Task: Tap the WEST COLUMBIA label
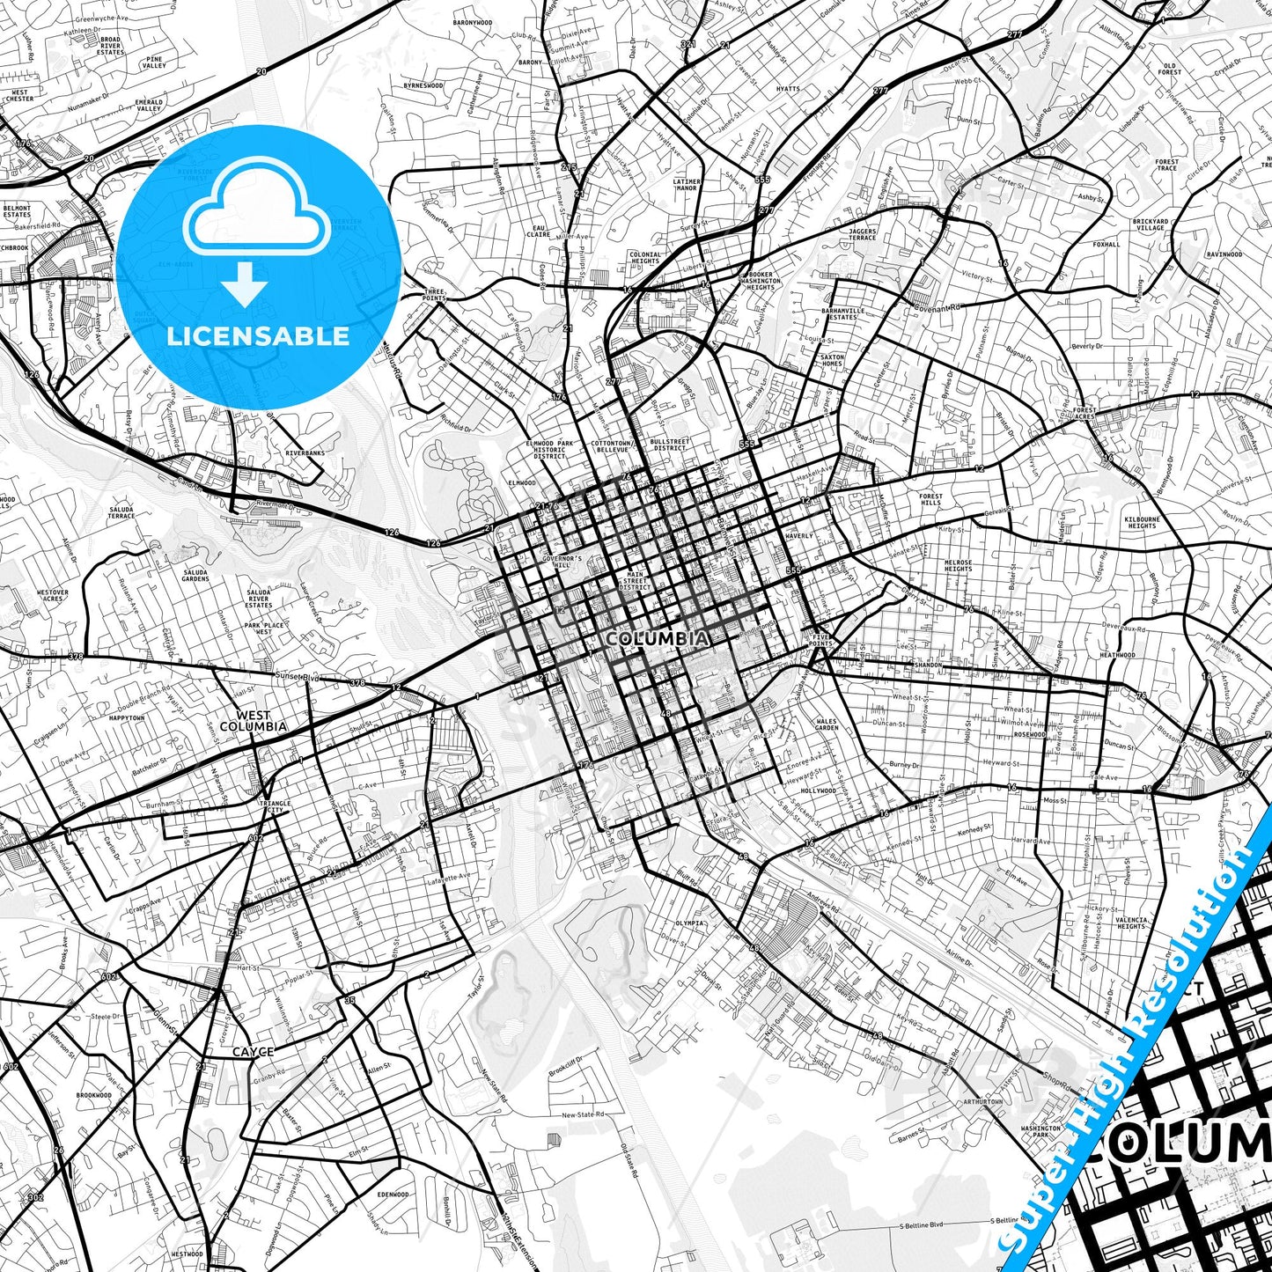coord(253,721)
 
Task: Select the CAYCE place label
coord(253,1052)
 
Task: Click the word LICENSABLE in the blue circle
coord(258,335)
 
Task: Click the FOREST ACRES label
coord(1085,413)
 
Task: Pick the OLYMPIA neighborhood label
coord(689,923)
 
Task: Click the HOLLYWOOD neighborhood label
coord(819,790)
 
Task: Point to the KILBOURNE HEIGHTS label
coord(1142,522)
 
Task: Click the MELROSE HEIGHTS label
coord(958,565)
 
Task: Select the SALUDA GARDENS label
coord(195,575)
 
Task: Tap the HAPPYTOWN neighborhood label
coord(127,718)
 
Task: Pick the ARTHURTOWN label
coord(982,1101)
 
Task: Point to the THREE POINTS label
coord(435,294)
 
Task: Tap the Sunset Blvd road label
coord(296,677)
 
